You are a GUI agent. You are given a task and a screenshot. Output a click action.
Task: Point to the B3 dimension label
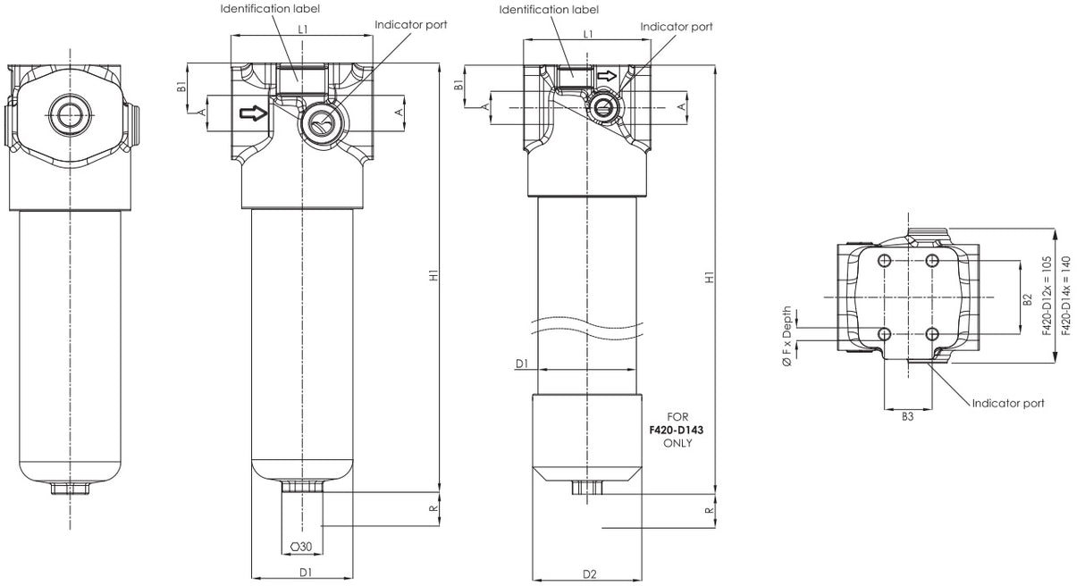pyautogui.click(x=907, y=416)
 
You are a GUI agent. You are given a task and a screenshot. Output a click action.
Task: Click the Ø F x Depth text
pyautogui.click(x=786, y=339)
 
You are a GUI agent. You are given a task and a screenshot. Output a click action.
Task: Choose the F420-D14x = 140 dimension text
pyautogui.click(x=1065, y=296)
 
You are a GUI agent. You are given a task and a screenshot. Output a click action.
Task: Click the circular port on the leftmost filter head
pyautogui.click(x=70, y=113)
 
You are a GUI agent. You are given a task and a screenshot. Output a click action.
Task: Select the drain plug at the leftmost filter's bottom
pyautogui.click(x=70, y=490)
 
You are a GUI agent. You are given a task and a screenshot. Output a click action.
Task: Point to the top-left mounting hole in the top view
pyautogui.click(x=885, y=261)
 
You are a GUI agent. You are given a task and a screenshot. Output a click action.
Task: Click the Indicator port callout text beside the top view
pyautogui.click(x=1008, y=404)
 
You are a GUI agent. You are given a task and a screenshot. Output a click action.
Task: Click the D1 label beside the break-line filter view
pyautogui.click(x=523, y=364)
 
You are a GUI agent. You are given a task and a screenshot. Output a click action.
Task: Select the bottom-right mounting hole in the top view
pyautogui.click(x=932, y=334)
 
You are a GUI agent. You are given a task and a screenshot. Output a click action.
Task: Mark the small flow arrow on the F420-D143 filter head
pyautogui.click(x=607, y=77)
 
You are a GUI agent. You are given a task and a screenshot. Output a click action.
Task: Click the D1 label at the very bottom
pyautogui.click(x=305, y=572)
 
